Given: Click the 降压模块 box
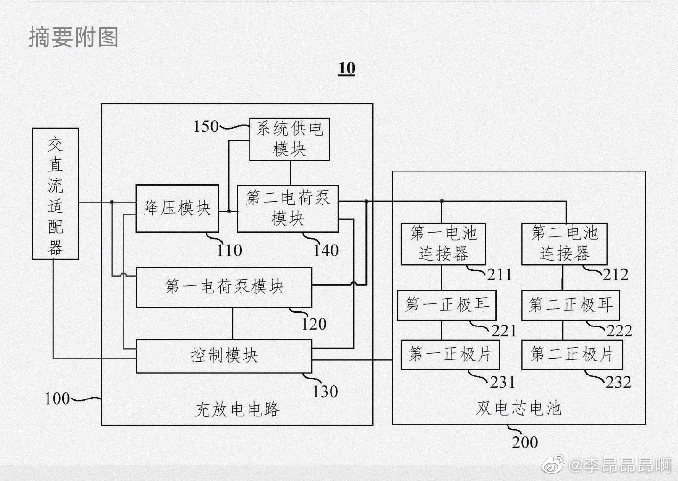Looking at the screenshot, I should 177,208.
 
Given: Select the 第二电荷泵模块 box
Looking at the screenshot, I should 288,208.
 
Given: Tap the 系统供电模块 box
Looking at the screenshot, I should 289,139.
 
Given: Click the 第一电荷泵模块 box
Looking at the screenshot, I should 224,287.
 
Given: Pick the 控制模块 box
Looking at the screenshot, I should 224,356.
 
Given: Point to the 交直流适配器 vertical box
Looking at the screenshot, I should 56,194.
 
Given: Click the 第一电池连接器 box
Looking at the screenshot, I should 443,244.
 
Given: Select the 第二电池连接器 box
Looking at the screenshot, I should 564,244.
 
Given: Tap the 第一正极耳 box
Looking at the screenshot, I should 446,305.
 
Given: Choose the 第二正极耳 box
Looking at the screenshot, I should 570,305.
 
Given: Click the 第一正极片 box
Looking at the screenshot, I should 450,354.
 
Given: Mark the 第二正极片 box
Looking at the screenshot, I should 572,354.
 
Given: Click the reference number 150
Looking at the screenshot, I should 206,126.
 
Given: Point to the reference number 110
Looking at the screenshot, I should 229,251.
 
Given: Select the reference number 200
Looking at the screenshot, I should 525,442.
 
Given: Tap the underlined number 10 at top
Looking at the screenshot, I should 347,68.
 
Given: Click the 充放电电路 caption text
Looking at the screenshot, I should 237,409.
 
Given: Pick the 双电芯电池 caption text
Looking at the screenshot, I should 519,408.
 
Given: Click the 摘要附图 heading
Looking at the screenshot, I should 73,37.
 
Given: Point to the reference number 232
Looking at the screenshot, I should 618,382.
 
